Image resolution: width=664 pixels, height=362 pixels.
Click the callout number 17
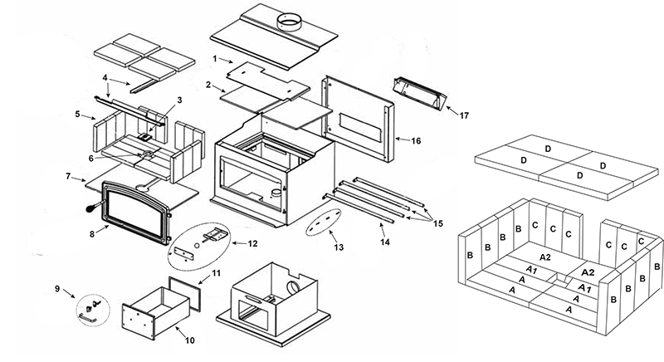464,115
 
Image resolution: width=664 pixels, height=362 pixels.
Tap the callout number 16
416,141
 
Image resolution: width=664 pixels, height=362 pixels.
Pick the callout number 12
251,243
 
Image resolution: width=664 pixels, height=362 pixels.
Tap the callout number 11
215,273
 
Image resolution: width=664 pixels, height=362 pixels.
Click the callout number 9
57,290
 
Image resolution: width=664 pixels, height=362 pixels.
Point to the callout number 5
77,114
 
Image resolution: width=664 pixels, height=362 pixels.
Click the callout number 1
215,60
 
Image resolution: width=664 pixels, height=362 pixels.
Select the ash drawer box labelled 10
149,311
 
